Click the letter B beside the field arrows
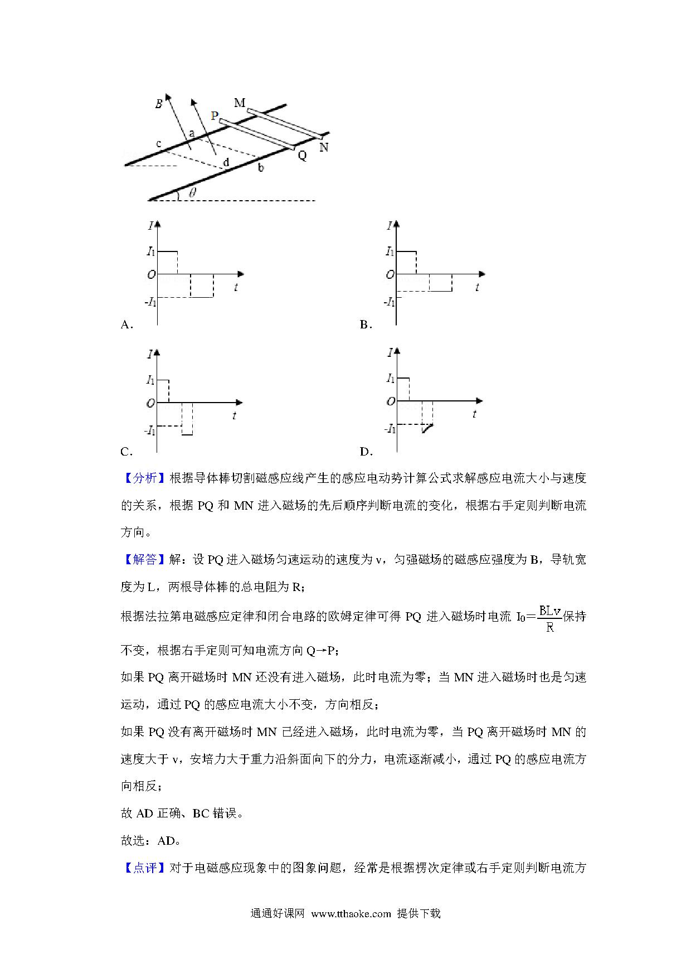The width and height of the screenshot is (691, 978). point(159,104)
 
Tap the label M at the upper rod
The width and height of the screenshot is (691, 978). point(240,103)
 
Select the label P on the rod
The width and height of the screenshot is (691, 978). point(215,116)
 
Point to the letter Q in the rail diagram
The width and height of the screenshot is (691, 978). point(302,156)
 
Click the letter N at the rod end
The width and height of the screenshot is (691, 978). point(324,148)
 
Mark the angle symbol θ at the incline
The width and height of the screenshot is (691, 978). point(192,193)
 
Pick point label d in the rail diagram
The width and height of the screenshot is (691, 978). point(226,163)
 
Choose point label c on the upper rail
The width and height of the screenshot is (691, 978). point(159,144)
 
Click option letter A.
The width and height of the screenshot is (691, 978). point(126,325)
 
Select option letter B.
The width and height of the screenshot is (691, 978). point(366,325)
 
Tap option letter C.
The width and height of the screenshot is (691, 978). point(126,452)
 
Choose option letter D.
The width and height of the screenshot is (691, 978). point(366,452)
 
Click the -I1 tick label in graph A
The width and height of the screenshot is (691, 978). point(150,302)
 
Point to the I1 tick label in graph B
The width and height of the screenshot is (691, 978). point(390,251)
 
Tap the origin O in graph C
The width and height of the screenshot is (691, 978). point(150,403)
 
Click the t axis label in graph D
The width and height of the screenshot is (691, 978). point(474,414)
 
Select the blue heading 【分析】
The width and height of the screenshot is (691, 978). point(144,478)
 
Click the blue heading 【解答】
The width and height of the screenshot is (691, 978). point(144,559)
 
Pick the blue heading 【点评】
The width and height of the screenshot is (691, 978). point(144,868)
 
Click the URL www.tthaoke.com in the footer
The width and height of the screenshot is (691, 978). point(351,914)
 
